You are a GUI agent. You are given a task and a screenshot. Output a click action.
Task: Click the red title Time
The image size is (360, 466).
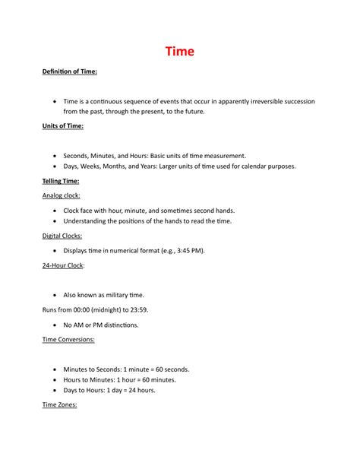point(180,52)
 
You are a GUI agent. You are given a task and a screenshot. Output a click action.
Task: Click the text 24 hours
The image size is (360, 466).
point(141,390)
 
